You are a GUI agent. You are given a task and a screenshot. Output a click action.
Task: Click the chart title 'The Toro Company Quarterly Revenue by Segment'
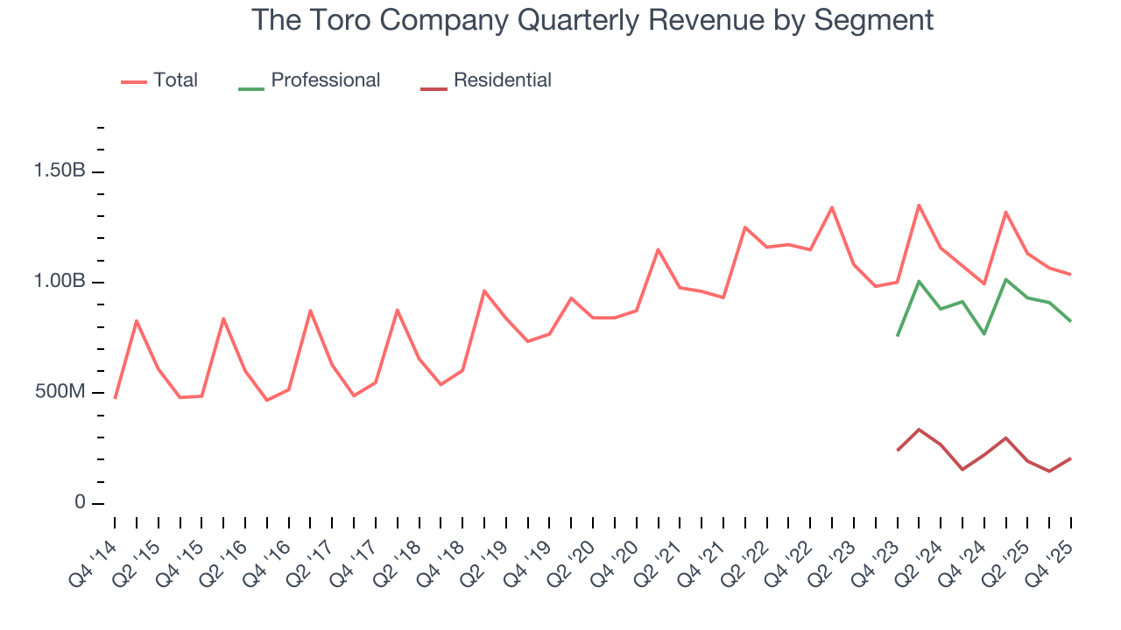pyautogui.click(x=592, y=19)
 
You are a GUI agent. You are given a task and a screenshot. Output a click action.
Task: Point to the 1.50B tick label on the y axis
pyautogui.click(x=60, y=171)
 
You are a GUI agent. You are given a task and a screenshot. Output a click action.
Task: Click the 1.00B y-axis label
pyautogui.click(x=60, y=282)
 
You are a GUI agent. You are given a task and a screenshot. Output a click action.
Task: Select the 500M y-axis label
pyautogui.click(x=60, y=392)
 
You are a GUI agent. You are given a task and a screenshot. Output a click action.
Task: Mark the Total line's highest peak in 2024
pyautogui.click(x=919, y=205)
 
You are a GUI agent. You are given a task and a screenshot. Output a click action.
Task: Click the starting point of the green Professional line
pyautogui.click(x=897, y=336)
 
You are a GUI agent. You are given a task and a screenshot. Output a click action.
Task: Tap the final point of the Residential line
pyautogui.click(x=1070, y=458)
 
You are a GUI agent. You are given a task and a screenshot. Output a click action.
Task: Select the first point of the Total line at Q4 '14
pyautogui.click(x=115, y=398)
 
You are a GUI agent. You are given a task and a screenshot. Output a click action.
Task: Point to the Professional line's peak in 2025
pyautogui.click(x=1005, y=279)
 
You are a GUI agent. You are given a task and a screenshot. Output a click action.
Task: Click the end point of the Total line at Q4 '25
pyautogui.click(x=1070, y=275)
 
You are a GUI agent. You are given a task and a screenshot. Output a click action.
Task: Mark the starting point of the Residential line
pyautogui.click(x=897, y=451)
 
